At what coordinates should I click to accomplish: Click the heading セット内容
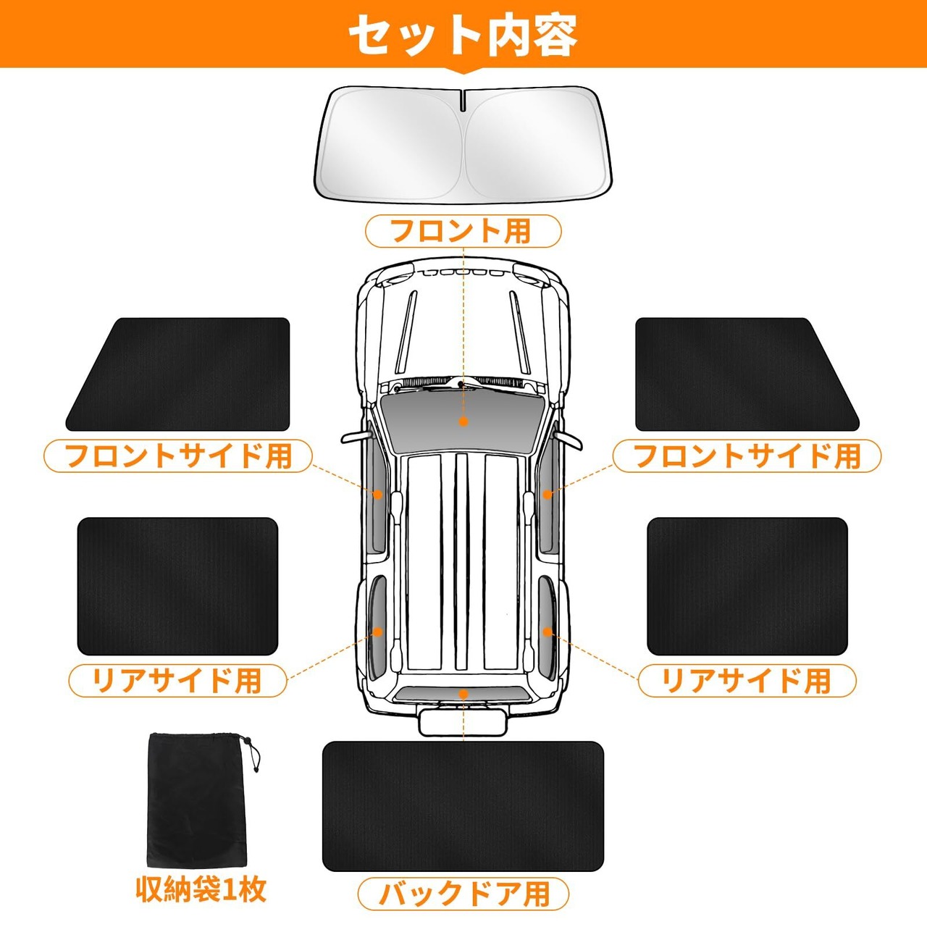tap(463, 34)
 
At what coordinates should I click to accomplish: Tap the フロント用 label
tap(463, 231)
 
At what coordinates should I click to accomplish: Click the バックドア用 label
tap(463, 893)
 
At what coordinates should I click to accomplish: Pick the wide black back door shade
tap(463, 806)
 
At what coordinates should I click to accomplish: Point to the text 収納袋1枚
tap(201, 889)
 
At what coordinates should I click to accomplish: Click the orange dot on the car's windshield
tap(463, 421)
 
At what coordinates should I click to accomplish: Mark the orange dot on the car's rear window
tap(463, 694)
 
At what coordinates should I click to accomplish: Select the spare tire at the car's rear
tap(463, 721)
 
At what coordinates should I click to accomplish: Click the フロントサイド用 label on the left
tap(178, 456)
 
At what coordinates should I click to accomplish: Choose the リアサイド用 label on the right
tap(747, 681)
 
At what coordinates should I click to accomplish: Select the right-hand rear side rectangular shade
tap(747, 586)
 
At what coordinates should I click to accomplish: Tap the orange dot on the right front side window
tap(548, 495)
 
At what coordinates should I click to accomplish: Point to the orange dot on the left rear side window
tap(377, 632)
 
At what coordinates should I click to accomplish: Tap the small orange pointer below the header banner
tap(463, 71)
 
